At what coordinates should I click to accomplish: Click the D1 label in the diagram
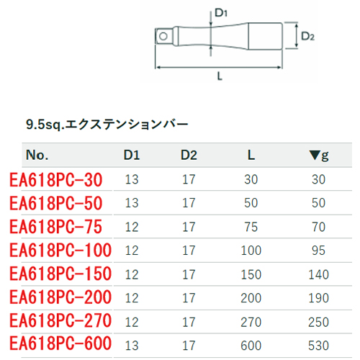(221, 12)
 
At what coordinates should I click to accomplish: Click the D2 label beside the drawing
(307, 37)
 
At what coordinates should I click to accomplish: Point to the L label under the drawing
(220, 76)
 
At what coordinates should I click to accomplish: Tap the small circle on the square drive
(163, 37)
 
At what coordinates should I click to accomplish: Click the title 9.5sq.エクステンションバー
(107, 125)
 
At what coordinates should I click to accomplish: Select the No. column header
(37, 155)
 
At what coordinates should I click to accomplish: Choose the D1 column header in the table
(132, 155)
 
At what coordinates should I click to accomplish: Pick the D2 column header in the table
(189, 155)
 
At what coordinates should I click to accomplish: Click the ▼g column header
(319, 156)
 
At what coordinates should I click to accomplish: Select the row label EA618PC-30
(56, 180)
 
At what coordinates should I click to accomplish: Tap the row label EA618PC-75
(56, 227)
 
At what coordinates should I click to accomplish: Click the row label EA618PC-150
(60, 274)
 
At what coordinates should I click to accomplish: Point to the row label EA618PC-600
(60, 343)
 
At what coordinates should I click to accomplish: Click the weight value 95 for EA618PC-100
(318, 251)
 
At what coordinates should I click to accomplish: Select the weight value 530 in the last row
(318, 346)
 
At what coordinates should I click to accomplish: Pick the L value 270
(251, 322)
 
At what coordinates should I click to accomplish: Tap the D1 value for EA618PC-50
(132, 203)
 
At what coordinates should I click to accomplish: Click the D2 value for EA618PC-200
(189, 298)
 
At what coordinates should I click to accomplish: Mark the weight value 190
(318, 298)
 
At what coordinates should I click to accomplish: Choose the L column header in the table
(251, 155)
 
